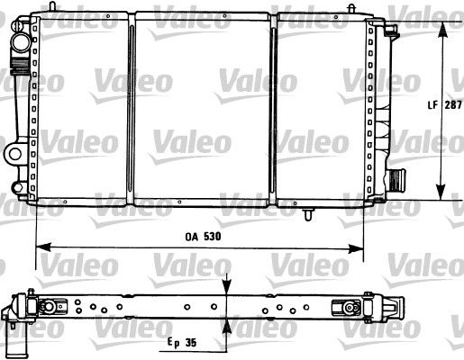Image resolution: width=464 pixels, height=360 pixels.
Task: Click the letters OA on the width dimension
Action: point(187,236)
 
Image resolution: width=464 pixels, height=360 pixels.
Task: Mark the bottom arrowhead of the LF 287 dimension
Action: point(441,192)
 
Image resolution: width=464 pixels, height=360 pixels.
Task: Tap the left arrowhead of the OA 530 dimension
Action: point(41,246)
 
